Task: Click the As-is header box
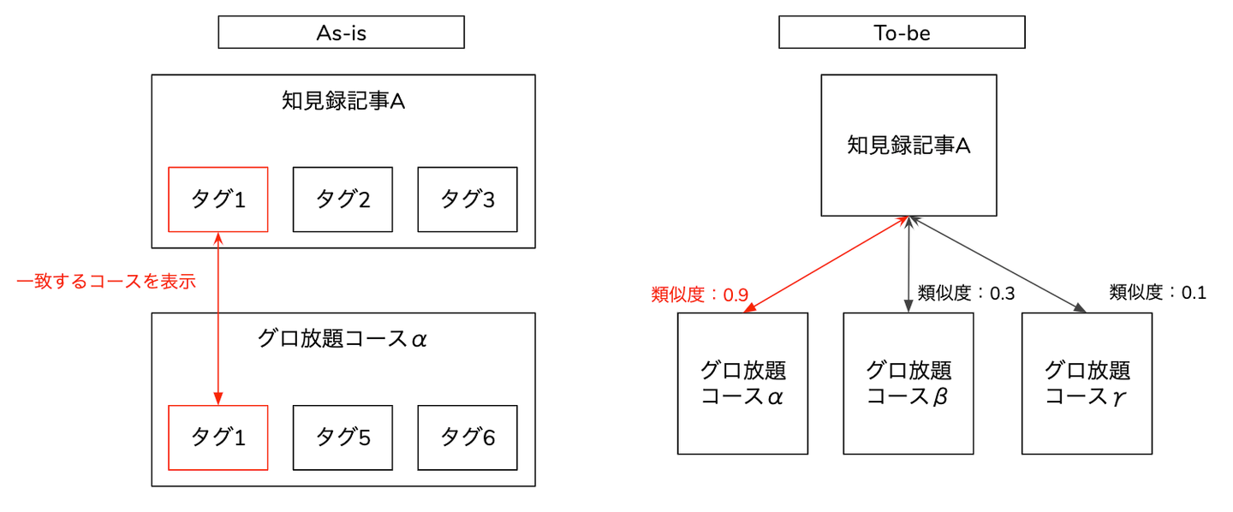pyautogui.click(x=341, y=33)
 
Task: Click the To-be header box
pyautogui.click(x=901, y=33)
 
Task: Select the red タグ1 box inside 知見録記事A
pyautogui.click(x=217, y=199)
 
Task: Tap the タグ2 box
pyautogui.click(x=342, y=199)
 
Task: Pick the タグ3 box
pyautogui.click(x=468, y=199)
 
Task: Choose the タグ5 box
pyautogui.click(x=342, y=438)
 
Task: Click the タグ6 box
pyautogui.click(x=468, y=438)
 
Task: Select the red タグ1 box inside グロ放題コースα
pyautogui.click(x=217, y=438)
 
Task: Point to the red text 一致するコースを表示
pyautogui.click(x=106, y=281)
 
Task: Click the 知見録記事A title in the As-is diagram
pyautogui.click(x=342, y=102)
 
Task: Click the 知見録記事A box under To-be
pyautogui.click(x=908, y=146)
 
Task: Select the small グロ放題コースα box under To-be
pyautogui.click(x=742, y=383)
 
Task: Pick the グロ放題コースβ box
pyautogui.click(x=908, y=383)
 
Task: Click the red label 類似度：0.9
pyautogui.click(x=700, y=295)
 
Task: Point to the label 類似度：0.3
pyautogui.click(x=966, y=293)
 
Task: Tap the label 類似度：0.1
pyautogui.click(x=1158, y=292)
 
